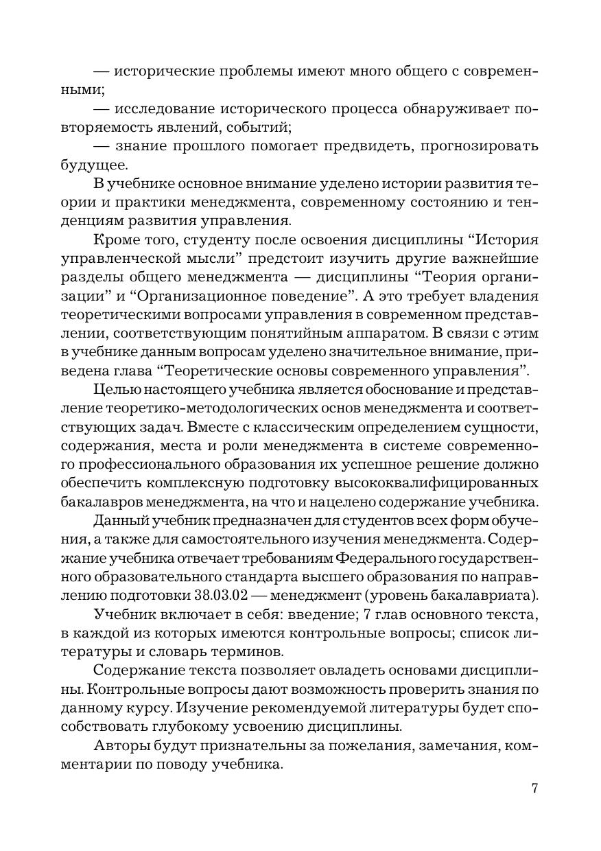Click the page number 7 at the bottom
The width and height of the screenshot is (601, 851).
(534, 788)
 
